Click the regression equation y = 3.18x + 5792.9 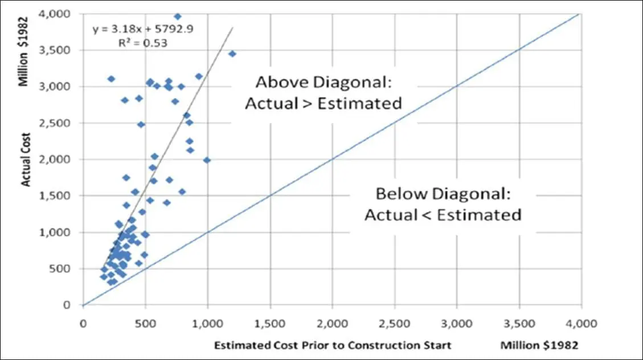coord(142,29)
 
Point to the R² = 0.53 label coord(142,42)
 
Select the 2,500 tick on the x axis coord(394,324)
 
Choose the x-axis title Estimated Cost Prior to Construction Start coord(333,345)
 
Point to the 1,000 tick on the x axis coord(207,324)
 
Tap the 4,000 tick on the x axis coord(581,324)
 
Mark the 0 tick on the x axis coord(83,324)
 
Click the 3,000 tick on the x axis coord(457,324)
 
